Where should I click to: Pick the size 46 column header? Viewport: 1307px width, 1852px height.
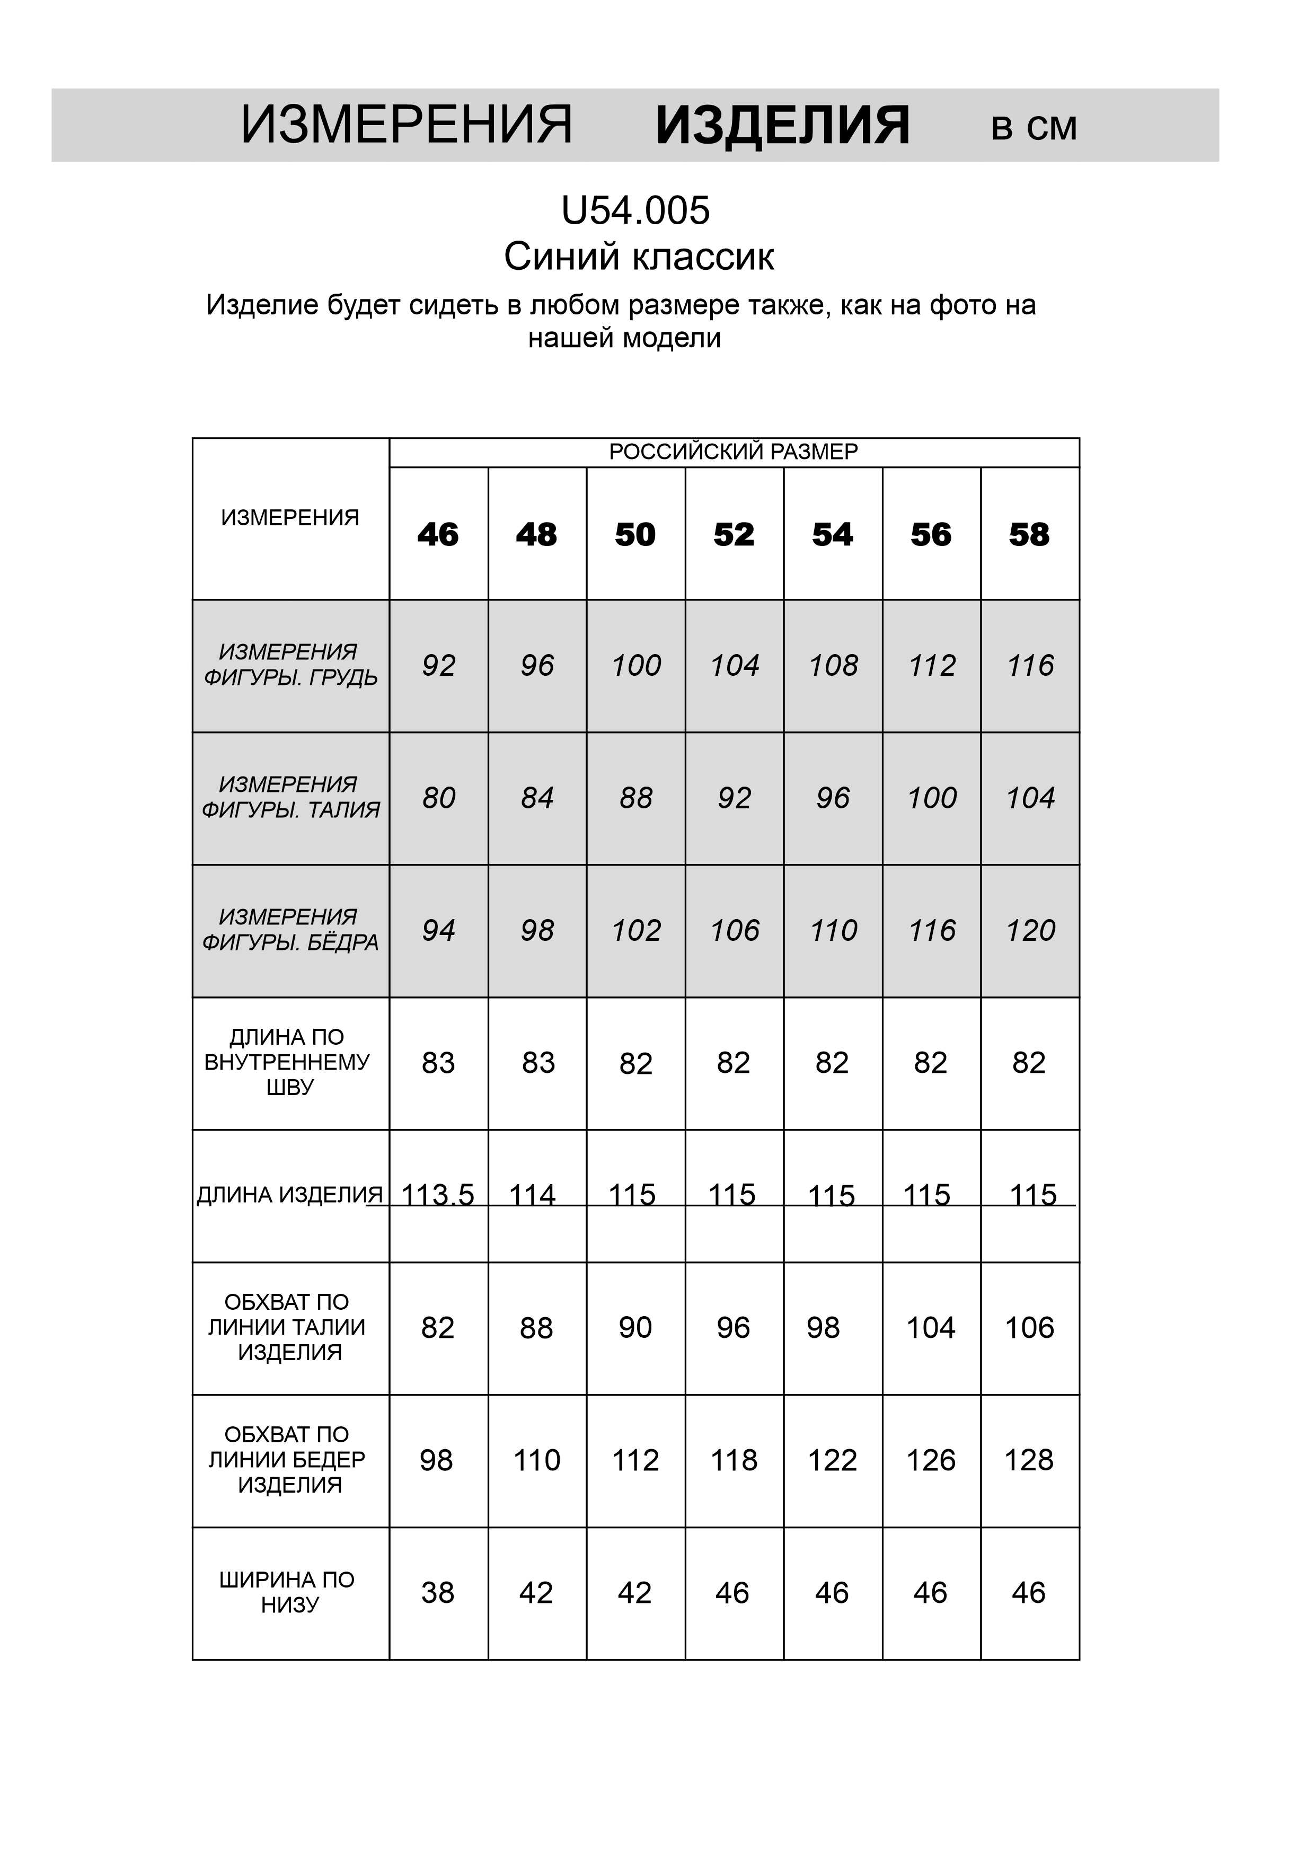438,535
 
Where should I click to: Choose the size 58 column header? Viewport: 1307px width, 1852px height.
1029,535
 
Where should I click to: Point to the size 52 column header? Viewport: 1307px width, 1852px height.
734,535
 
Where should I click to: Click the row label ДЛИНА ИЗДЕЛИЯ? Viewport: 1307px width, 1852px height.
289,1195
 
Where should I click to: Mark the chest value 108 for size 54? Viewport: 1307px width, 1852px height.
833,665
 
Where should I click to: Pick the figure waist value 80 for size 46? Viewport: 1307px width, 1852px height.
438,798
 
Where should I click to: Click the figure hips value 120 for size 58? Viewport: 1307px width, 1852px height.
1029,931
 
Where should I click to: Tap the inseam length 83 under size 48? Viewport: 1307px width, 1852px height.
538,1063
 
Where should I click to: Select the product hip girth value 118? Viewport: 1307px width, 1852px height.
734,1460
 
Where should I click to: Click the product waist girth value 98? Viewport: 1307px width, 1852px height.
823,1328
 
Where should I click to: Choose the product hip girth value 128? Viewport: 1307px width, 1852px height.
1029,1460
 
